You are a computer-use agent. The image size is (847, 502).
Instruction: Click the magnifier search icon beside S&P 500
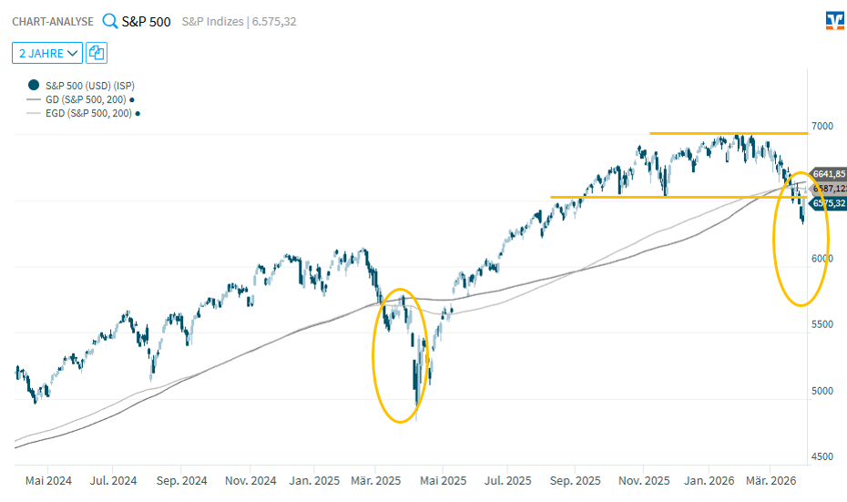point(109,21)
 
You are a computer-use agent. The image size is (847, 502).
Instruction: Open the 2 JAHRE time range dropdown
point(47,53)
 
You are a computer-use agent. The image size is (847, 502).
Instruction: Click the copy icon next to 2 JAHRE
point(96,53)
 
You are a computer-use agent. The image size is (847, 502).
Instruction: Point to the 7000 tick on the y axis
point(821,126)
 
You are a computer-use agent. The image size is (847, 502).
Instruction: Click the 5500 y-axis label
point(821,324)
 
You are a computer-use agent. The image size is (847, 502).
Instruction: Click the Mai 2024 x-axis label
point(48,480)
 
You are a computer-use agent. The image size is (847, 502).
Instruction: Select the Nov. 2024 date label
point(250,480)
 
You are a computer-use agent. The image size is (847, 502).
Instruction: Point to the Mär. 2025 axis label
point(376,480)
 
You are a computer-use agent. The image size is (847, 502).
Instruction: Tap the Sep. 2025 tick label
point(576,480)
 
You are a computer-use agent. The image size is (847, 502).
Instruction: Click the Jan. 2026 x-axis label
point(709,480)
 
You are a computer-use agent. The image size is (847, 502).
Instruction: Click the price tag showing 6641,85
point(829,174)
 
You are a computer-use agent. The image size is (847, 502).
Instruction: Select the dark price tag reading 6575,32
point(829,204)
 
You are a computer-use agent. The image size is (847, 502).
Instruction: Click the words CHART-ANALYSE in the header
point(53,22)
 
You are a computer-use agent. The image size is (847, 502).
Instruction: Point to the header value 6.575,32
point(271,22)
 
